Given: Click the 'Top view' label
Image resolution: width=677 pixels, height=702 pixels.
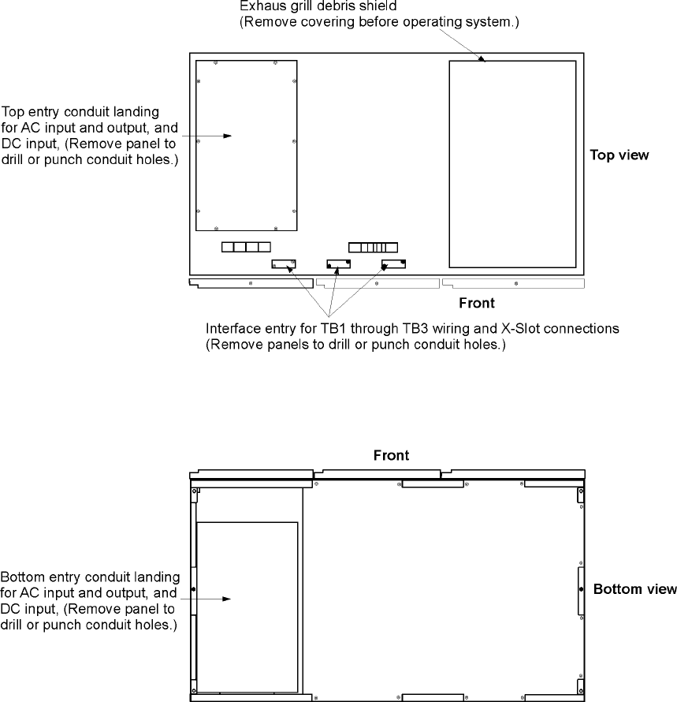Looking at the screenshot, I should point(619,155).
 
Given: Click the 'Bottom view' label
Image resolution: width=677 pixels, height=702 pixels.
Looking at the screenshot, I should point(634,589).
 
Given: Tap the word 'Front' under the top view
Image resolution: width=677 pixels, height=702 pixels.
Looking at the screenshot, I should point(477,303).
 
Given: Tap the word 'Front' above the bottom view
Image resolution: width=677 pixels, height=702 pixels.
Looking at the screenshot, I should point(392,455).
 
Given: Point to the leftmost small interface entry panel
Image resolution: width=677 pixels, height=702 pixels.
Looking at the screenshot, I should point(283,264).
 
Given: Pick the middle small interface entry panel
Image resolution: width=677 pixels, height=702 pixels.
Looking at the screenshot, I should point(338,264).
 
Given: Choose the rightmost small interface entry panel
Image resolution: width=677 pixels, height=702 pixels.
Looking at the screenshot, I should point(393,264).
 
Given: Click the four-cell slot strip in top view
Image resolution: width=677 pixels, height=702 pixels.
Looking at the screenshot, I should point(246,247).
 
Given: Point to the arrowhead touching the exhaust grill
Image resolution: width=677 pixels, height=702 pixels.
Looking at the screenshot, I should point(484,58).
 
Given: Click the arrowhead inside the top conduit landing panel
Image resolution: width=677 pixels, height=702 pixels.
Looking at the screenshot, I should point(228,136).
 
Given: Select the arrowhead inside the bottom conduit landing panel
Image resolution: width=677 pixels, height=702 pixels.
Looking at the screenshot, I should point(228,599).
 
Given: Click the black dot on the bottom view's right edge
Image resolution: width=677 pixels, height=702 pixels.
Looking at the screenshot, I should point(582,589).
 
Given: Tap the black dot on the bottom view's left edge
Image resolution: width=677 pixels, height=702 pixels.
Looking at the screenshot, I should point(194,589).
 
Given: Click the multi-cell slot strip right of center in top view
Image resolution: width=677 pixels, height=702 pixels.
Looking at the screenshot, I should point(374,247).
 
